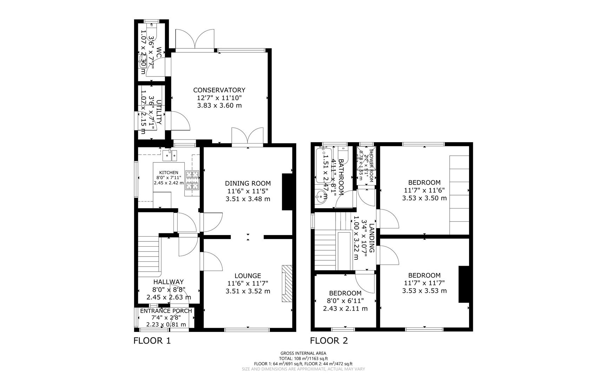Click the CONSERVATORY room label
point(219,90)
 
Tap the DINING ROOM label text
point(248,183)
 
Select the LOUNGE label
point(248,276)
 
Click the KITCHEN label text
point(169,173)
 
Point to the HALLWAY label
point(169,282)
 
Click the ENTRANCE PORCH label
point(166,311)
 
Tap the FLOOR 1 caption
point(152,340)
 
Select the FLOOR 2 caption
point(329,340)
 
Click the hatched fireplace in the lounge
point(287,283)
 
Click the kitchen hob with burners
point(192,180)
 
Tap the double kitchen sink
point(170,155)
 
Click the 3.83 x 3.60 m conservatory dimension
point(219,105)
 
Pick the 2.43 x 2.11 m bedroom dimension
point(345,309)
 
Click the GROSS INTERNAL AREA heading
point(303,353)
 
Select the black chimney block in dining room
point(287,192)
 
